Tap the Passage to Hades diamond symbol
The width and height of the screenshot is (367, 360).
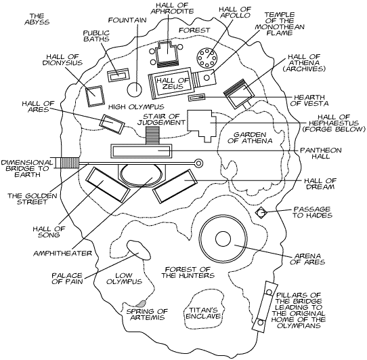coord(261,213)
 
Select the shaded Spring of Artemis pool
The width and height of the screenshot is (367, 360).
coord(141,304)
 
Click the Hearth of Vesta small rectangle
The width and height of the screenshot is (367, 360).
coord(196,97)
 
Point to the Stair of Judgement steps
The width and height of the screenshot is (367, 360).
coord(152,135)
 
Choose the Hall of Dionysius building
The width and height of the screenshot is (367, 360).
coord(95,96)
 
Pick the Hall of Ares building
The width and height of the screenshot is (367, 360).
coord(112,124)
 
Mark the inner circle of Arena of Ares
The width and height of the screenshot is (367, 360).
coord(223,239)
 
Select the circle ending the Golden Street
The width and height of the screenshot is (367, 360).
coord(198,163)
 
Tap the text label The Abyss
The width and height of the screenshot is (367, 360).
coord(37,19)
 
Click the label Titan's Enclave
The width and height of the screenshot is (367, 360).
coord(203,313)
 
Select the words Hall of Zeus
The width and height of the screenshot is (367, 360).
coord(173,83)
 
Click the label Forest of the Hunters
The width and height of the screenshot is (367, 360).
coord(188,272)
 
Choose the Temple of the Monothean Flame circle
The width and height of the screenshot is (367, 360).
coord(207,77)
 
